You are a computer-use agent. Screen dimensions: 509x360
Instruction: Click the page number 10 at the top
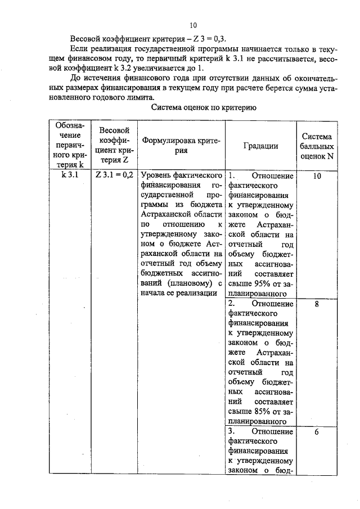pos(193,25)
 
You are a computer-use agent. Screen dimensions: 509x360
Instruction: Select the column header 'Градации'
pos(260,145)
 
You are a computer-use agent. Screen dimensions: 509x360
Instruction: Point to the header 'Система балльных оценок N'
pos(317,147)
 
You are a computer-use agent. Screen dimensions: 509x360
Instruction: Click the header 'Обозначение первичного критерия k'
pos(69,145)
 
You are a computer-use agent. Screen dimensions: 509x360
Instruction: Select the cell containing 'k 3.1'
pos(69,175)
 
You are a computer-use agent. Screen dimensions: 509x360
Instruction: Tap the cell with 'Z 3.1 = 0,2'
pos(114,175)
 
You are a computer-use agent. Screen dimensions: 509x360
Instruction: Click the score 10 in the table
pos(317,175)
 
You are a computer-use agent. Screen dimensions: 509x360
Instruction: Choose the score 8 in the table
pos(317,304)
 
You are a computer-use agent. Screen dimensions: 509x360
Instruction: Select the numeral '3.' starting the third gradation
pos(232,432)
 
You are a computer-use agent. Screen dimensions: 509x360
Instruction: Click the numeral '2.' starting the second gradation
pos(232,304)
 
